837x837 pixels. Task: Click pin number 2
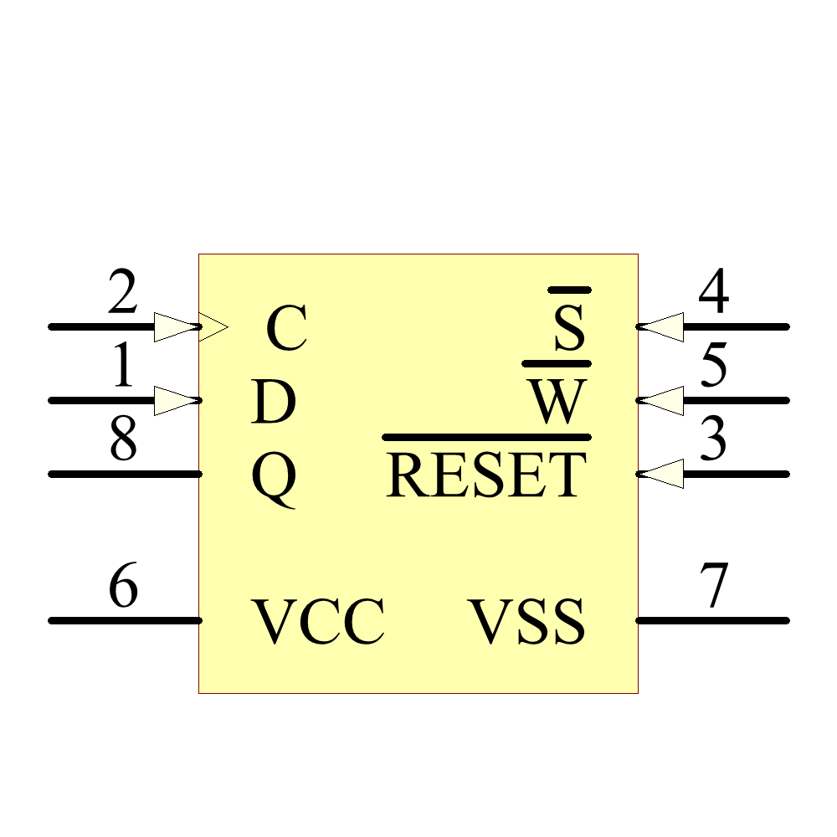[122, 295]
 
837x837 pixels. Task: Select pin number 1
[122, 368]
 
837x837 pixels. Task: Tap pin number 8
[123, 441]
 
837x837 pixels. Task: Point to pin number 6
[123, 588]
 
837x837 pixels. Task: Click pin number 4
[713, 295]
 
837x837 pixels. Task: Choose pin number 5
[713, 368]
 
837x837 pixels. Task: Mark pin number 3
[713, 441]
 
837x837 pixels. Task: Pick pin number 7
[714, 588]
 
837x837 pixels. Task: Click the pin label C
[286, 329]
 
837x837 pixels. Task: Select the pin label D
[274, 403]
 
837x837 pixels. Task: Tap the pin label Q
[274, 478]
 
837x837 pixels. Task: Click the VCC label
[319, 623]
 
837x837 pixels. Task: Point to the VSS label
[526, 623]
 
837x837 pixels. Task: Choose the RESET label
[486, 475]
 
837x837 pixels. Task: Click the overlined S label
[569, 329]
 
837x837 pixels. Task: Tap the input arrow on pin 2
[176, 326]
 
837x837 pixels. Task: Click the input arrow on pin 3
[661, 474]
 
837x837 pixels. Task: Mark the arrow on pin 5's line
[661, 400]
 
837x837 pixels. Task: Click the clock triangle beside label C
[213, 326]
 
